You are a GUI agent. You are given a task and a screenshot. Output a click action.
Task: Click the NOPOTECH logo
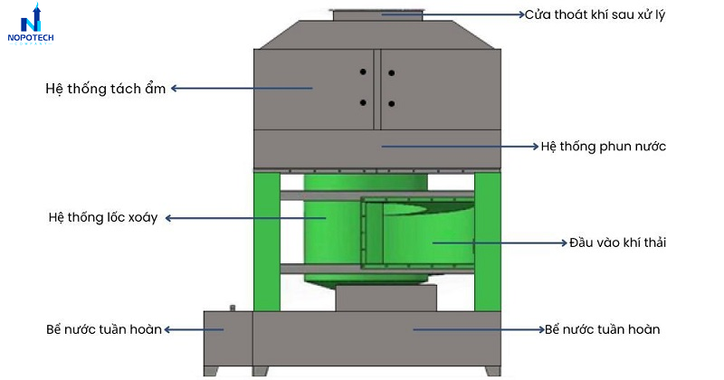click(x=31, y=24)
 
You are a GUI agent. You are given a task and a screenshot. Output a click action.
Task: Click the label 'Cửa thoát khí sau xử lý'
click(x=595, y=14)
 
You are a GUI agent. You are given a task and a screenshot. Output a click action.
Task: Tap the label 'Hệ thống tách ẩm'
click(x=105, y=88)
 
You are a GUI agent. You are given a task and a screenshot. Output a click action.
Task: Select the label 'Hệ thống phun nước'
click(x=603, y=147)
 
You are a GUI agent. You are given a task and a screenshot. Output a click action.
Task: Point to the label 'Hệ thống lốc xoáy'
click(x=103, y=217)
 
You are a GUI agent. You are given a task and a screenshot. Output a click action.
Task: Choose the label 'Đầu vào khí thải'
click(x=617, y=242)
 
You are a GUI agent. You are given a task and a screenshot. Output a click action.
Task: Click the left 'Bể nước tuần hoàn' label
click(x=104, y=329)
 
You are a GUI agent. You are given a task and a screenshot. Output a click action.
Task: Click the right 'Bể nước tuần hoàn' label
click(x=602, y=329)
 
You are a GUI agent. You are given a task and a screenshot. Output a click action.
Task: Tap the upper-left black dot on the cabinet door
click(x=363, y=71)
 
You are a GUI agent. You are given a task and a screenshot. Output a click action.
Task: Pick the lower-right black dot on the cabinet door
click(x=392, y=104)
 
